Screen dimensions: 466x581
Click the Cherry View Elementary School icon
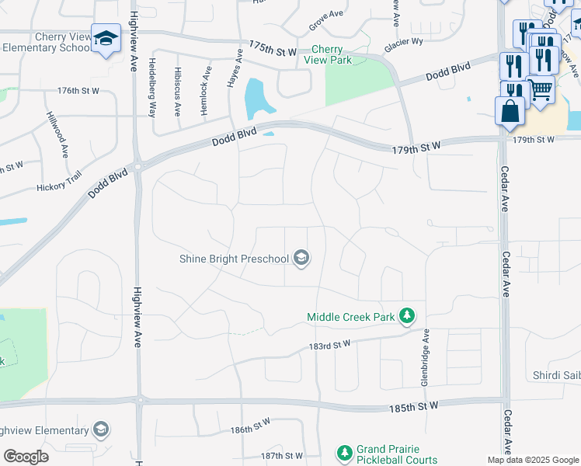click(106, 38)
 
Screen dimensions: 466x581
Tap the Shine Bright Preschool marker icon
click(301, 259)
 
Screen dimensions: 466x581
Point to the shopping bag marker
click(510, 112)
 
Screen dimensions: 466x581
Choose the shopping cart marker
click(541, 91)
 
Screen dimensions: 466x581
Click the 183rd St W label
click(330, 344)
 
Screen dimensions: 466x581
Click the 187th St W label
click(281, 456)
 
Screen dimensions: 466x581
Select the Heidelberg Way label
click(152, 87)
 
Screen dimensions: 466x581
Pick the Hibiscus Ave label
click(178, 92)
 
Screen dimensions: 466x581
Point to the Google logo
click(26, 457)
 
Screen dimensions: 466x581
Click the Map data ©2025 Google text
click(533, 460)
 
